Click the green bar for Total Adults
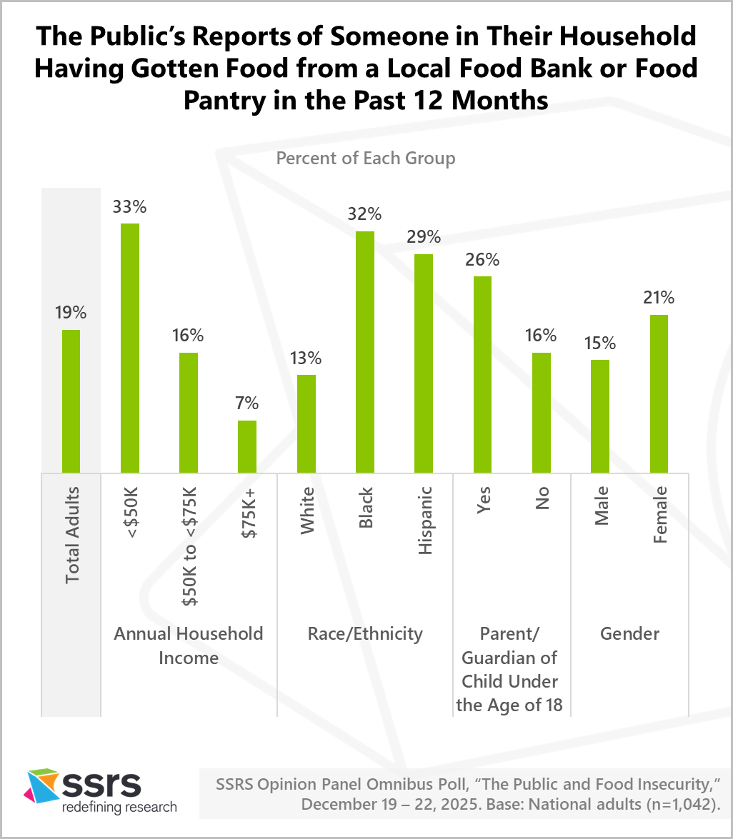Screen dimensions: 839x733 [x=71, y=401]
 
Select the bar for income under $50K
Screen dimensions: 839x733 [x=129, y=348]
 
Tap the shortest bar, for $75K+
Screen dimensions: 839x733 [x=246, y=446]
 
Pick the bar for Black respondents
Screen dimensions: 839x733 [x=364, y=352]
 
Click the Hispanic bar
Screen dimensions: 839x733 [x=423, y=363]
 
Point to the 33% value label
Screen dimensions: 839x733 [x=129, y=207]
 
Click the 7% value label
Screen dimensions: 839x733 [x=246, y=403]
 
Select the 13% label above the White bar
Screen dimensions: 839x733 [x=306, y=358]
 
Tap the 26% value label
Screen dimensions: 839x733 [x=482, y=260]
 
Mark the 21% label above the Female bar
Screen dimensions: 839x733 [x=658, y=298]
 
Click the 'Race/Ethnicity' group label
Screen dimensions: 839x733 [x=365, y=633]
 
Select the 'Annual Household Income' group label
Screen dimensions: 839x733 [x=189, y=645]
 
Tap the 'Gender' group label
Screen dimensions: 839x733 [x=629, y=633]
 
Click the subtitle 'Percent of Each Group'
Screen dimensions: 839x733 [x=366, y=158]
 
